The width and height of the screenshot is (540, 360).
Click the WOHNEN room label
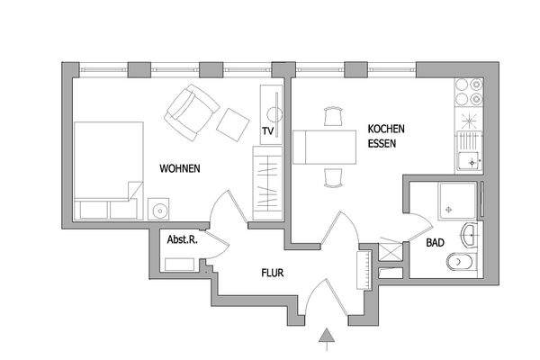[x=179, y=168]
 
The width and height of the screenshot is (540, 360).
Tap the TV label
[x=267, y=131]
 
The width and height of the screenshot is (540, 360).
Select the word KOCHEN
[x=384, y=129]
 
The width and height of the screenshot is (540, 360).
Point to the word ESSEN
[x=382, y=142]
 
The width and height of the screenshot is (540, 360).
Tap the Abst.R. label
[x=184, y=240]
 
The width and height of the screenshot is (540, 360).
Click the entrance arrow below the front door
[x=328, y=338]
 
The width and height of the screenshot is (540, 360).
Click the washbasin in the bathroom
[x=471, y=236]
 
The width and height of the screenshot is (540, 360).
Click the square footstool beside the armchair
[x=233, y=124]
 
